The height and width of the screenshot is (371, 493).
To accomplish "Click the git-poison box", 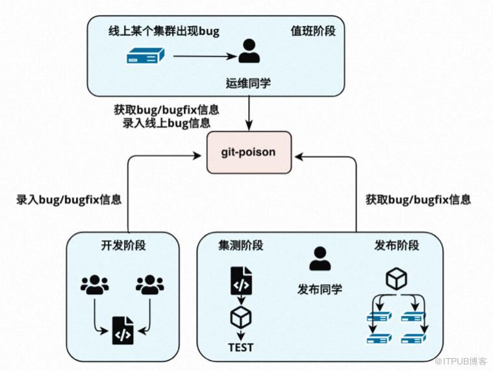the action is coord(249,152).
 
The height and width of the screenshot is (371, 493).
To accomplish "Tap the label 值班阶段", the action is coord(313,31).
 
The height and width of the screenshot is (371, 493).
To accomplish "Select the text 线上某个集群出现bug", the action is coord(164,31).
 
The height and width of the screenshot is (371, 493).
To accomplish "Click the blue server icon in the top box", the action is coord(145,56).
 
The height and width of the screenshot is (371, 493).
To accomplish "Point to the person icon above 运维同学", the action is coord(249,51).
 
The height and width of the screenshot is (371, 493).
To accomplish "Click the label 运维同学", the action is coord(248,83).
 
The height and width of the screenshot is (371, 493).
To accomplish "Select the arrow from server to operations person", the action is coord(205,56).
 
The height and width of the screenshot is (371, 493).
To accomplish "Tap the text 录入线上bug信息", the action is coord(167,123).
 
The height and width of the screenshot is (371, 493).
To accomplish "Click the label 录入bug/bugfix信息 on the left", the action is coord(69,200).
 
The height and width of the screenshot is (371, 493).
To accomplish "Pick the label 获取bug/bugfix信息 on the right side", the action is coord(418,200).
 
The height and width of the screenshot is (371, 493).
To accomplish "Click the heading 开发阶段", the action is coord(123,245).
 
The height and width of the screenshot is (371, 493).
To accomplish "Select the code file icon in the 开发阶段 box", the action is coord(123,331).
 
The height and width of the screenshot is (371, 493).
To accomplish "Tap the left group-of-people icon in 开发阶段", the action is coord(95,285).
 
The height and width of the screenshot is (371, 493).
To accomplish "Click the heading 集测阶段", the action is coord(241,245).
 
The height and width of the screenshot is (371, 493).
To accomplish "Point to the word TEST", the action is coord(241,348).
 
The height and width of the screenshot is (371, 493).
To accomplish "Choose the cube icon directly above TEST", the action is coord(241,317).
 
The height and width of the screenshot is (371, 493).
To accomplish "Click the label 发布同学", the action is coord(320,289).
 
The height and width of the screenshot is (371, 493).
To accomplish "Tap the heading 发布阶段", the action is coord(397,245).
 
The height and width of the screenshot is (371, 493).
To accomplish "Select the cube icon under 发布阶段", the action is coord(396,279).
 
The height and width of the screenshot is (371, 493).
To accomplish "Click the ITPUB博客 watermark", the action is coord(461,361).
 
